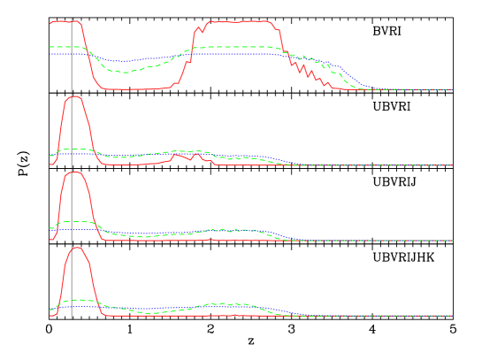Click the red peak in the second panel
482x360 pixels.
coord(75,97)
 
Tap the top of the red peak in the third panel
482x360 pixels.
coord(75,172)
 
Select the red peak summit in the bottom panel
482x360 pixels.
coord(78,248)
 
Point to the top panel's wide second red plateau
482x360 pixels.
coord(243,21)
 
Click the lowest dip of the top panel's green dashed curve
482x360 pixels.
coord(124,71)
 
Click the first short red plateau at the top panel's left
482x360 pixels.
coord(66,21)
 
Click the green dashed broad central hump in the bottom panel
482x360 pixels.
coord(226,304)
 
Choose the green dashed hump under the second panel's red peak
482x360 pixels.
coord(75,149)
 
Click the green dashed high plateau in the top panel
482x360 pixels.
coord(239,47)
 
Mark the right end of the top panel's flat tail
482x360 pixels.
coord(452,89)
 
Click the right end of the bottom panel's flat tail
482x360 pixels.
coord(452,316)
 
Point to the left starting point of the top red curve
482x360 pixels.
coord(50,22)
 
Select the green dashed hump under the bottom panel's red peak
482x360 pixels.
coord(78,301)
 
